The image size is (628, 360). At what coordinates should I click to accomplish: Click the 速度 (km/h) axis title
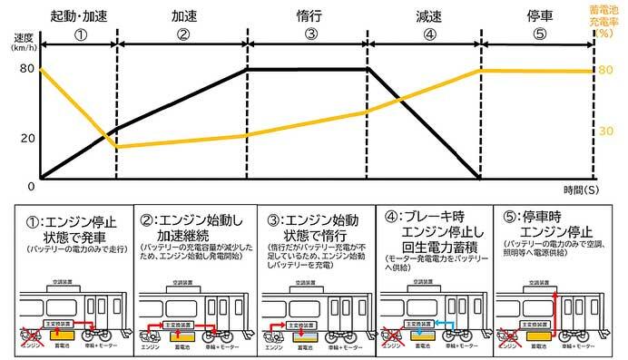pos(25,44)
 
